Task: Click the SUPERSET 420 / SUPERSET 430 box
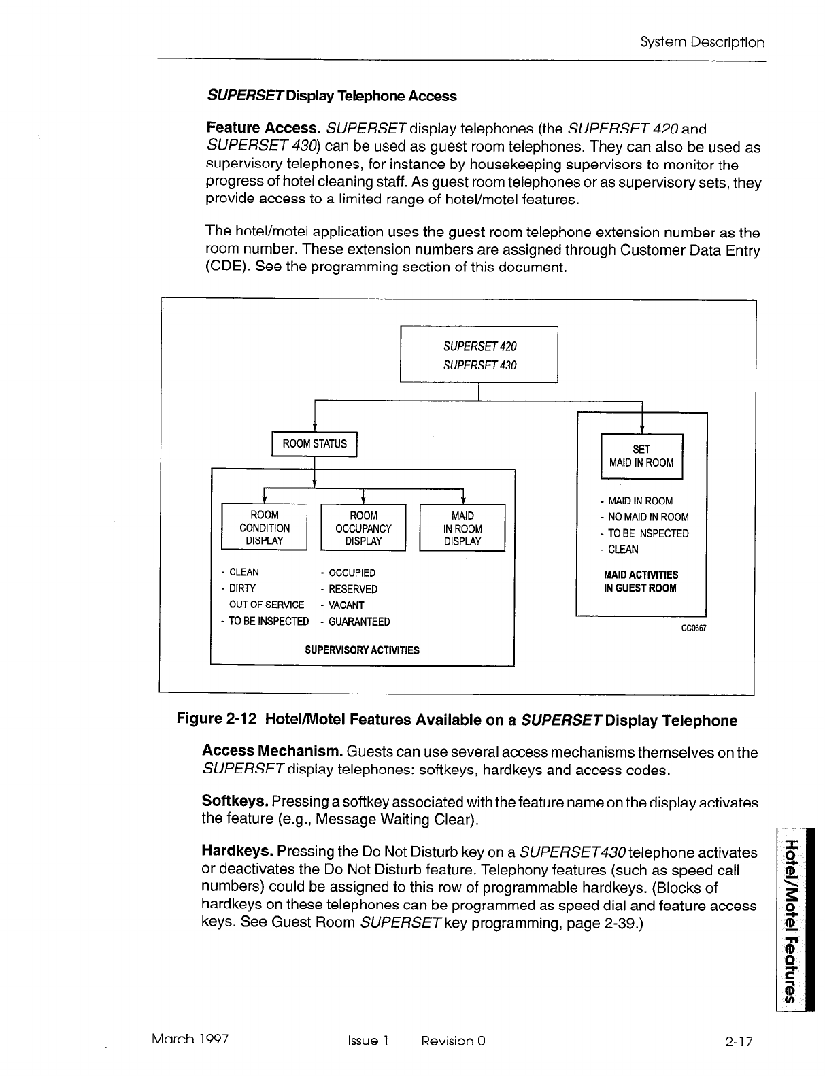[x=479, y=355]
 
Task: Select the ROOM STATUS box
[x=314, y=444]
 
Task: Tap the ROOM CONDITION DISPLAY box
[x=265, y=528]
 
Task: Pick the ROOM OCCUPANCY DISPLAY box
[x=363, y=528]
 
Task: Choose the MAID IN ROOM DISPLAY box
[x=462, y=528]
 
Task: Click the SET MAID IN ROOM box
[x=641, y=456]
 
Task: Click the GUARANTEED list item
[x=358, y=622]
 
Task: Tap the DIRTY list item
[x=242, y=588]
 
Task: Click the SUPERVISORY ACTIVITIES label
[x=362, y=650]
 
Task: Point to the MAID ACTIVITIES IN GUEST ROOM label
[x=641, y=582]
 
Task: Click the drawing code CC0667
[x=694, y=628]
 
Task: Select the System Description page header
[x=703, y=42]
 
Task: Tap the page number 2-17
[x=739, y=1041]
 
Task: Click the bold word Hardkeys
[x=238, y=852]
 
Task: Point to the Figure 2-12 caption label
[x=216, y=720]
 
